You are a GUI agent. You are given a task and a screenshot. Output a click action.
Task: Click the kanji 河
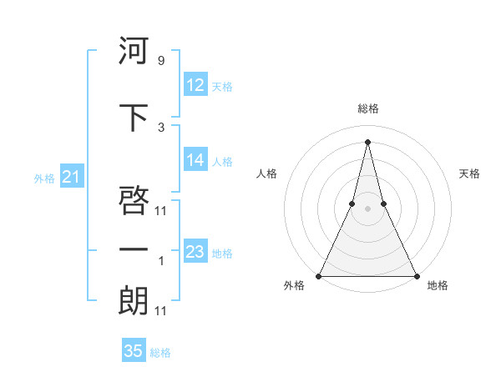click(134, 51)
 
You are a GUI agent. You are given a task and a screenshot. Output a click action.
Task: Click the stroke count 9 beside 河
click(160, 61)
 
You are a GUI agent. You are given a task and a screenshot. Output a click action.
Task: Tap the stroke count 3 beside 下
click(160, 127)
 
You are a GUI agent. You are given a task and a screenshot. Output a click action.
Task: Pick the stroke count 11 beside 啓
click(161, 210)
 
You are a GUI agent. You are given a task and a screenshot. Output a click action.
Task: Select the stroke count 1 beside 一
click(161, 261)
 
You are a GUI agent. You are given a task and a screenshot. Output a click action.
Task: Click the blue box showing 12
click(195, 85)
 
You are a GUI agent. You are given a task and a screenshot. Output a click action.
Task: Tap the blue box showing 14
click(195, 160)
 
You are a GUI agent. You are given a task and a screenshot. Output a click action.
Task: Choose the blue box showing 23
click(195, 252)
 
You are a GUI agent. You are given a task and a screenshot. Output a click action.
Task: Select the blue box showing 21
click(70, 177)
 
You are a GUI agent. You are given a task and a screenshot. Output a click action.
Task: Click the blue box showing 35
click(134, 351)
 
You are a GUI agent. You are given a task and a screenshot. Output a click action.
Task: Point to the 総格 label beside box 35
click(160, 353)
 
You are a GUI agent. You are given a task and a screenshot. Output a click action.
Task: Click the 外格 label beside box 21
click(44, 178)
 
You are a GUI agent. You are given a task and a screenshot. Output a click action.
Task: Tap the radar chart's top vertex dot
click(367, 141)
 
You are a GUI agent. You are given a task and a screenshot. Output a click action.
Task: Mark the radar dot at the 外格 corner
click(319, 275)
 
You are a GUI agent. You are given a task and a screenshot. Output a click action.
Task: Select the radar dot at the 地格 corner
click(416, 275)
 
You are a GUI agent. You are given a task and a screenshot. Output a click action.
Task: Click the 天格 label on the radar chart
click(470, 173)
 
